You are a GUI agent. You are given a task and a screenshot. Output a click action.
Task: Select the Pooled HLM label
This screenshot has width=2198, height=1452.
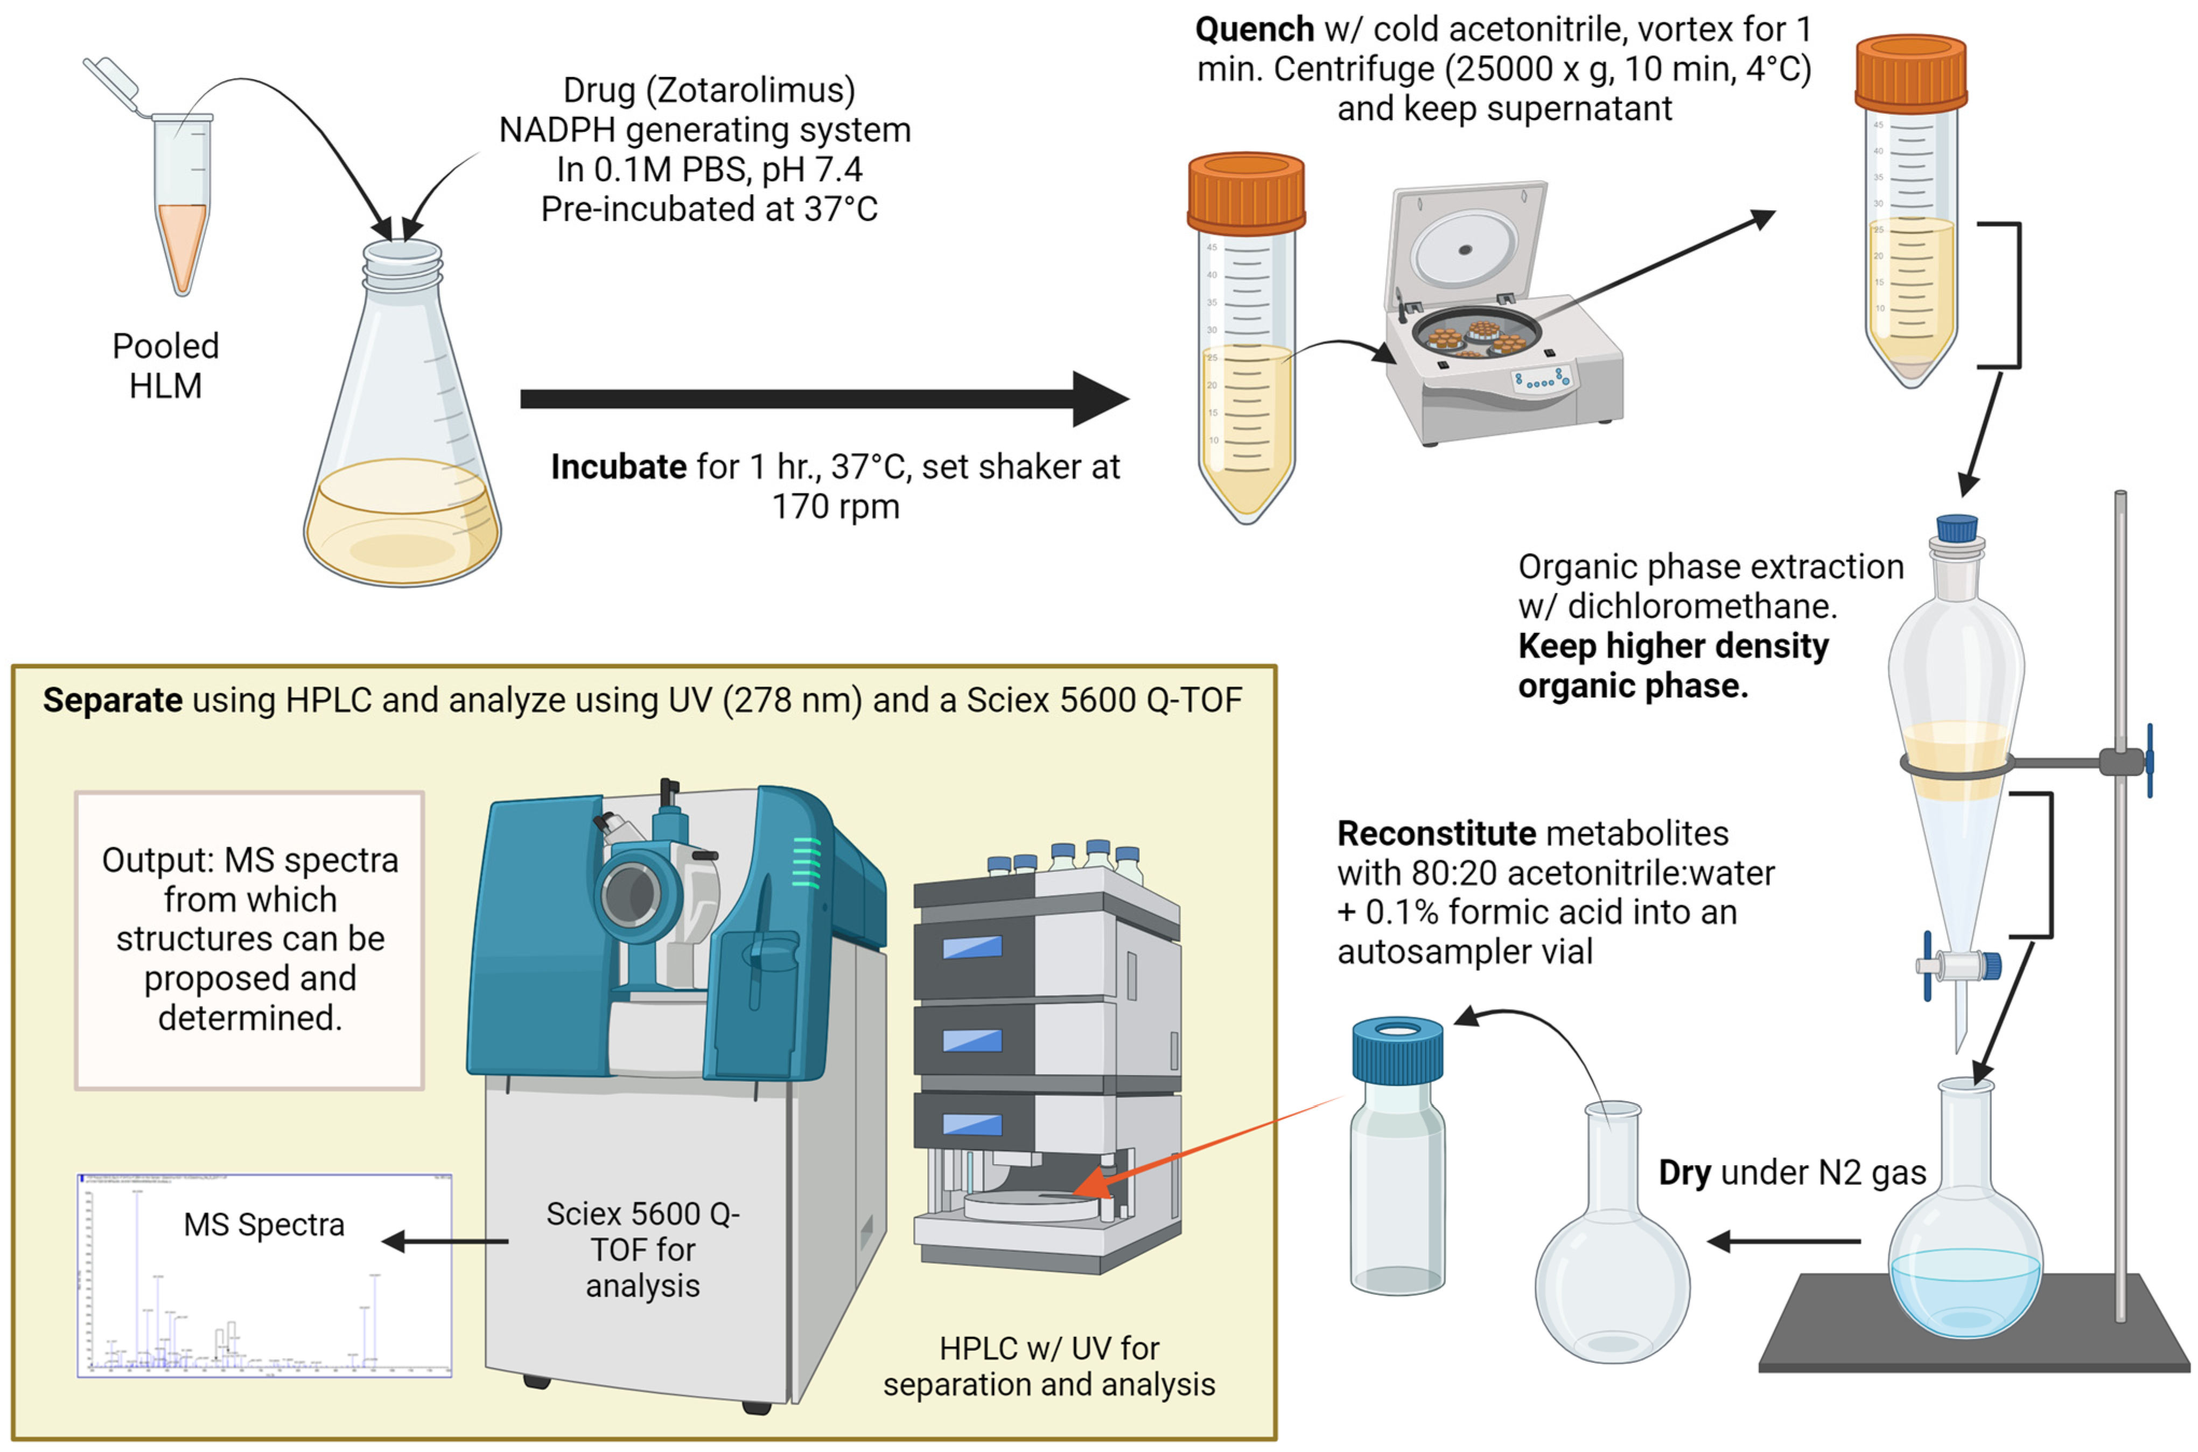click(x=166, y=366)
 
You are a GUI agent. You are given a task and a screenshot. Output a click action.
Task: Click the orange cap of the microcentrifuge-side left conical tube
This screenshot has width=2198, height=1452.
click(x=1246, y=193)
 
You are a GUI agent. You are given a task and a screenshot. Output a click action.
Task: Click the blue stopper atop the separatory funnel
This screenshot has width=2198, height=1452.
click(x=1957, y=528)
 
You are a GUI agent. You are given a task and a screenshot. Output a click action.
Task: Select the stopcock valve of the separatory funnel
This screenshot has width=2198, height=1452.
click(x=1957, y=967)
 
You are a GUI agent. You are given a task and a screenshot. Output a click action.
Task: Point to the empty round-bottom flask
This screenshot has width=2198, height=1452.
click(x=1613, y=1278)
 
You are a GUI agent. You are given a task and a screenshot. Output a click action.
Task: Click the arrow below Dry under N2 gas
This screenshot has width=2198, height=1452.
click(x=1783, y=1241)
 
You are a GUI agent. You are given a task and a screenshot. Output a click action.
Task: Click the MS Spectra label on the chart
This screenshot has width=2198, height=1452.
click(x=264, y=1225)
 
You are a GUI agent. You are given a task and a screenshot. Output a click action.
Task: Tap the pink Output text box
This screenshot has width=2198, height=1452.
click(x=250, y=939)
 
